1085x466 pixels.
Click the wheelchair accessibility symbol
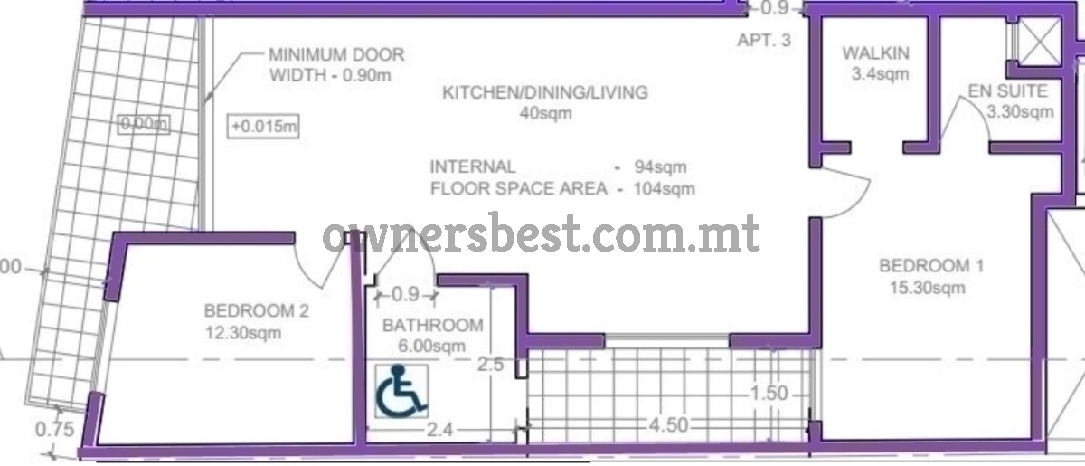pyautogui.click(x=401, y=391)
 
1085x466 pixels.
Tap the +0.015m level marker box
pyautogui.click(x=263, y=127)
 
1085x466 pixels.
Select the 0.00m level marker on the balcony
pyautogui.click(x=144, y=124)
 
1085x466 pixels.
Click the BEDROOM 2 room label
pyautogui.click(x=256, y=311)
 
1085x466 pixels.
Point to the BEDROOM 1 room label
pyautogui.click(x=931, y=266)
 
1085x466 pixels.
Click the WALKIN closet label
pyautogui.click(x=876, y=52)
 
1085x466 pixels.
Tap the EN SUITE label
pyautogui.click(x=1007, y=90)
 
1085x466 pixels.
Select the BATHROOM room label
pyautogui.click(x=433, y=325)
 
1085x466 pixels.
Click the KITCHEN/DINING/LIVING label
pyautogui.click(x=545, y=92)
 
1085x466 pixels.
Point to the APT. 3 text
pyautogui.click(x=764, y=40)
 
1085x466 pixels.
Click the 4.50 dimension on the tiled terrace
pyautogui.click(x=668, y=425)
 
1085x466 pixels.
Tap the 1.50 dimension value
pyautogui.click(x=769, y=394)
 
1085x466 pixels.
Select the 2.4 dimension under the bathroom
pyautogui.click(x=439, y=430)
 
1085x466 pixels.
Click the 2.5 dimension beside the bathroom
pyautogui.click(x=491, y=365)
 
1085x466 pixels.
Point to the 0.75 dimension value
pyautogui.click(x=55, y=429)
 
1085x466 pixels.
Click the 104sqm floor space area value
pyautogui.click(x=664, y=188)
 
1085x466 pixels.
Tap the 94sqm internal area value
pyautogui.click(x=660, y=166)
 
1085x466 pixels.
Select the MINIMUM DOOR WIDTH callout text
pyautogui.click(x=336, y=64)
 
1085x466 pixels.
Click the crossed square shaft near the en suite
pyautogui.click(x=1040, y=41)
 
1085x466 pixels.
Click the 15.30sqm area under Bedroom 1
pyautogui.click(x=927, y=288)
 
